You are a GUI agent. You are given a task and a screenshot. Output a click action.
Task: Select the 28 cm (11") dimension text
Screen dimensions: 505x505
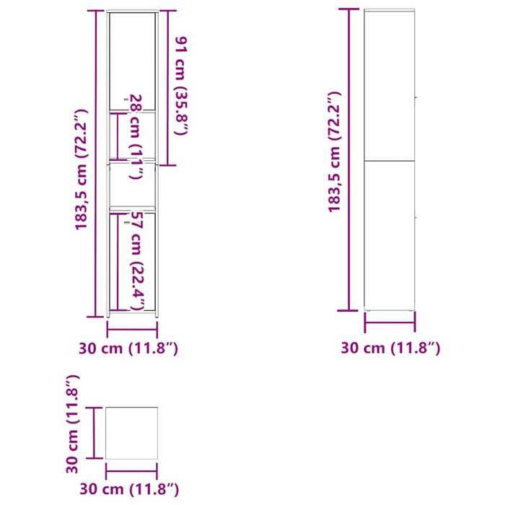point(136,136)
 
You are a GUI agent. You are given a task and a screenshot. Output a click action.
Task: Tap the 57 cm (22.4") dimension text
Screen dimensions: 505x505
point(136,261)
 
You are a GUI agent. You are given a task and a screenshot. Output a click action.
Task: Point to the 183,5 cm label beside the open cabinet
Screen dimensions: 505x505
point(82,170)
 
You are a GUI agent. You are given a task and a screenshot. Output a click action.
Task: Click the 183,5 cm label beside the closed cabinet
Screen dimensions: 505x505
point(334,151)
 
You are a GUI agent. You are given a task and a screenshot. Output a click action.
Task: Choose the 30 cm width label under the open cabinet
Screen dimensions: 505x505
point(128,348)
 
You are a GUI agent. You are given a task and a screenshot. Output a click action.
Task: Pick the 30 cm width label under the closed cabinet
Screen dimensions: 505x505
point(390,348)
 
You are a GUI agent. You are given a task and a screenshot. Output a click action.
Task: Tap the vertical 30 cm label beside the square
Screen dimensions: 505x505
point(72,424)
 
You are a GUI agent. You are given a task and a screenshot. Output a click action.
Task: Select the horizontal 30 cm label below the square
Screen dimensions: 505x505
point(129,489)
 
